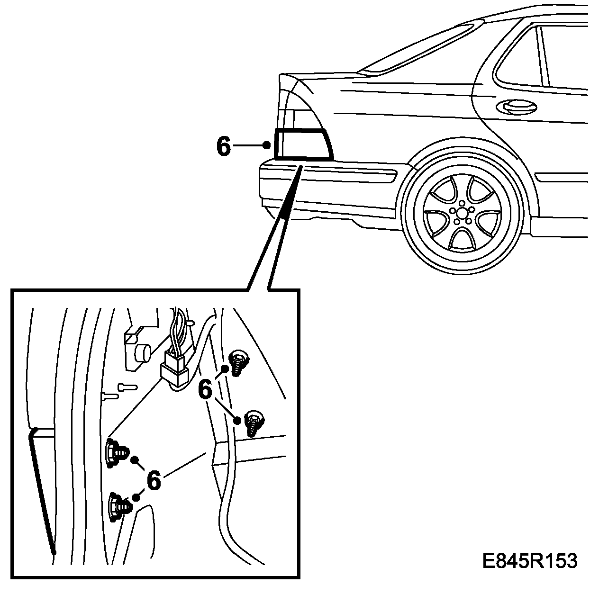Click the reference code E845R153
pos(530,561)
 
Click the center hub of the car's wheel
pos(459,212)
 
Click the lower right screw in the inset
pos(253,421)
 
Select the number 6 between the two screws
pos(205,390)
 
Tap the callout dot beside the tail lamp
pos(267,145)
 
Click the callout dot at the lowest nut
pos(136,497)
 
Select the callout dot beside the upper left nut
pos(135,459)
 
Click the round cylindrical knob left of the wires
pos(142,353)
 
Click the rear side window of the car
pos(517,57)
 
